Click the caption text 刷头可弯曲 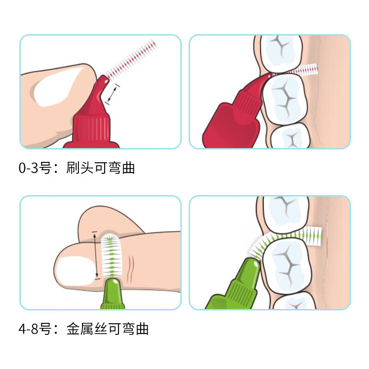(x=101, y=168)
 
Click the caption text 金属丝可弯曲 (x=107, y=329)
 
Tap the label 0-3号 (x=35, y=168)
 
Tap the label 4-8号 (x=35, y=329)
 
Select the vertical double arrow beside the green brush (x=95, y=255)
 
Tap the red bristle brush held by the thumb (x=131, y=60)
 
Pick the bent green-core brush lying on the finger (x=112, y=255)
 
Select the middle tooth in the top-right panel (x=285, y=98)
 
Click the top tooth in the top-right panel (x=281, y=54)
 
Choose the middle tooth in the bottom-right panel (x=287, y=266)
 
